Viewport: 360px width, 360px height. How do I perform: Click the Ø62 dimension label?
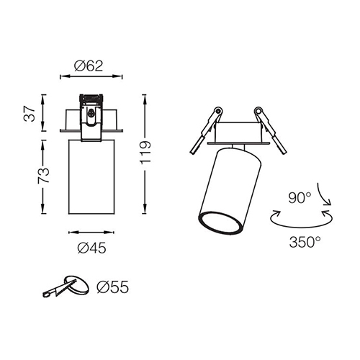point(89,66)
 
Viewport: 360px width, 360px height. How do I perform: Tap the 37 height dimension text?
point(30,113)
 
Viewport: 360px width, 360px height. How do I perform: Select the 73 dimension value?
point(43,176)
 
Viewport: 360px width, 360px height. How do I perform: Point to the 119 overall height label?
point(145,153)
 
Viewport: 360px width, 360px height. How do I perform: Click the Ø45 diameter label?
point(91,248)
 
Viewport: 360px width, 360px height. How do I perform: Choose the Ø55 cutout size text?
point(113,287)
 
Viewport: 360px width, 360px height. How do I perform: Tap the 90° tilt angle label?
point(300,198)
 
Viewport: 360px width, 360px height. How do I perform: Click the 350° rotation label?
point(305,242)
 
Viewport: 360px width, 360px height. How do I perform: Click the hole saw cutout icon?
point(66,286)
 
